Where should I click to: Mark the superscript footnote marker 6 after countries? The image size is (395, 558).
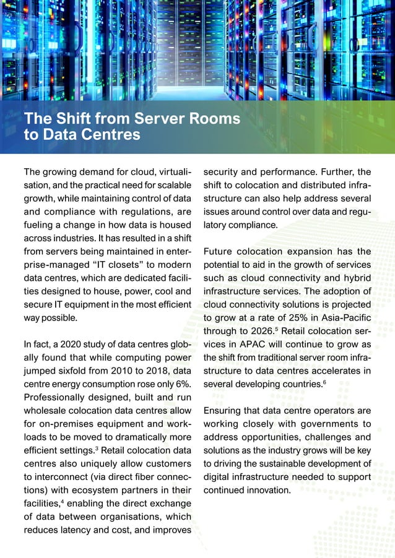point(325,382)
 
